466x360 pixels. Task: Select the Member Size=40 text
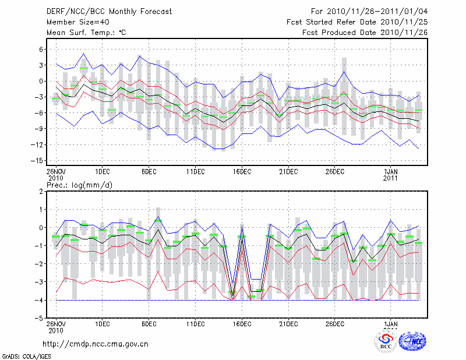[x=73, y=22]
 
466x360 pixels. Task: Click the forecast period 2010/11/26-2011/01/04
[x=369, y=11]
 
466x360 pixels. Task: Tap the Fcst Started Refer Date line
[x=357, y=22]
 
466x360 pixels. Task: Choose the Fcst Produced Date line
[x=365, y=33]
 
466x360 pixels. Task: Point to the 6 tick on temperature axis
[x=41, y=50]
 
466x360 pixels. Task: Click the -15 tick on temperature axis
[x=38, y=160]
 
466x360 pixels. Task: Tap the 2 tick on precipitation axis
[x=41, y=191]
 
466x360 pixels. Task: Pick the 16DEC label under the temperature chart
[x=242, y=171]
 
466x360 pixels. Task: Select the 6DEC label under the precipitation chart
[x=149, y=324]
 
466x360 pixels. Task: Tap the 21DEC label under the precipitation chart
[x=288, y=324]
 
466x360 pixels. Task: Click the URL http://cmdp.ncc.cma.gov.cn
[x=96, y=344]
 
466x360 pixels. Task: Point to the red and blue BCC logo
[x=385, y=340]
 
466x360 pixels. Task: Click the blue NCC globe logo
[x=412, y=340]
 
